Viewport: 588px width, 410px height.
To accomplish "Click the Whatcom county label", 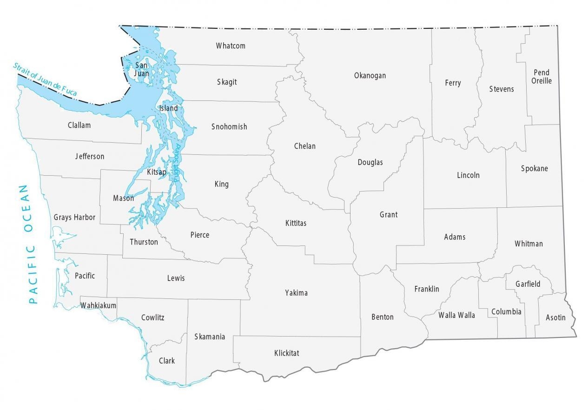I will click(231, 46).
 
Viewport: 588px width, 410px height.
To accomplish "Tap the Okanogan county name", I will click(370, 75).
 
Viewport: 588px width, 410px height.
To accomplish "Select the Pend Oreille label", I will click(542, 77).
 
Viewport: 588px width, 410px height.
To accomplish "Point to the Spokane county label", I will click(534, 168).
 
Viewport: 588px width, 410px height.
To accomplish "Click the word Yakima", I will click(296, 293).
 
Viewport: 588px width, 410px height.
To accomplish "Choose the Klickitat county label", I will click(286, 353).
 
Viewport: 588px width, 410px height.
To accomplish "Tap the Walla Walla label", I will click(456, 315).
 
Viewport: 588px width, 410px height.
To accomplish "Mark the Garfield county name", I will click(528, 284).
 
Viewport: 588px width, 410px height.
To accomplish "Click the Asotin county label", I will click(555, 317).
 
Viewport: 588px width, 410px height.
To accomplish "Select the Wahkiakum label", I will click(98, 305).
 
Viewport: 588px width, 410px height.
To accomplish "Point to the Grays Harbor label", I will click(74, 217).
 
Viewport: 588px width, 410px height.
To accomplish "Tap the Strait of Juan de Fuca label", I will click(45, 79).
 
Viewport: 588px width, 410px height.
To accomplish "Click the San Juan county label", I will click(142, 69).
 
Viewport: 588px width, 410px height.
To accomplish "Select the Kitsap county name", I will click(156, 172).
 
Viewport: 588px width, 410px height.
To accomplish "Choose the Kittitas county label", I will click(296, 223).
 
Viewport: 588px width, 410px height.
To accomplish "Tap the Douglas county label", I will click(370, 162).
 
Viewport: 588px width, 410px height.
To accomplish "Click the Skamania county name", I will click(210, 337).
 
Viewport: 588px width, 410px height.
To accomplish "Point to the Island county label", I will click(168, 108).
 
